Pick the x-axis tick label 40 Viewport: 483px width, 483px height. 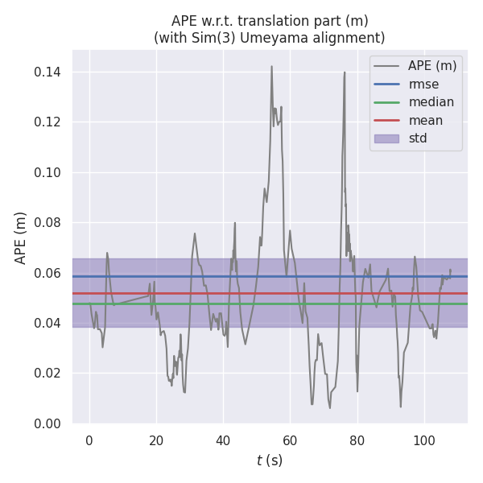tap(223, 440)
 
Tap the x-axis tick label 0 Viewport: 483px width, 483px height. tap(89, 440)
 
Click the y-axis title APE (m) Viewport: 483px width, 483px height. tap(21, 237)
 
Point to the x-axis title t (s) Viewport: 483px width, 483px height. tap(270, 460)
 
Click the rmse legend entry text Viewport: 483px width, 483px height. tap(423, 84)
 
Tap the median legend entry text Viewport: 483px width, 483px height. tap(431, 102)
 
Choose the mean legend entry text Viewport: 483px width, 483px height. tap(425, 121)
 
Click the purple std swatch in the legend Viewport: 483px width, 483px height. tap(386, 138)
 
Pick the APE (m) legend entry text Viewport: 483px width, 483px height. tap(433, 65)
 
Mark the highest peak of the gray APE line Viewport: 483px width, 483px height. tap(271, 67)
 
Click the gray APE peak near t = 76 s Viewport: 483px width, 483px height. tap(345, 72)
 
